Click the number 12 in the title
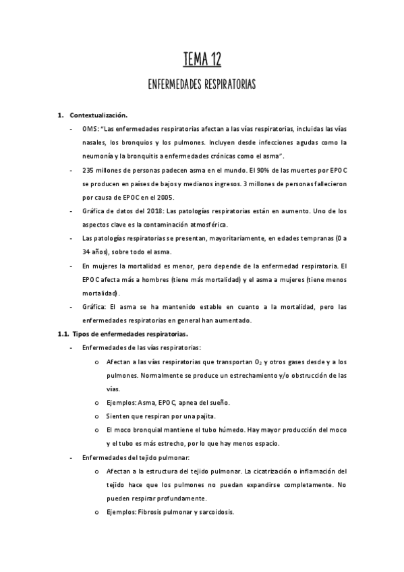tap(212, 62)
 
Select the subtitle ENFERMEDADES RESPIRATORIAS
tap(202, 86)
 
